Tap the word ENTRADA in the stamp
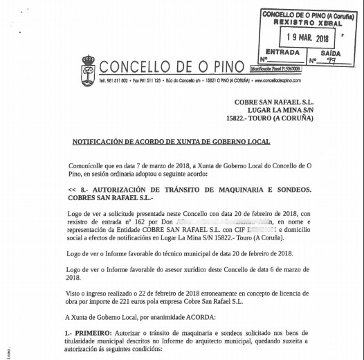282,53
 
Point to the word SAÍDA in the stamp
331,53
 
